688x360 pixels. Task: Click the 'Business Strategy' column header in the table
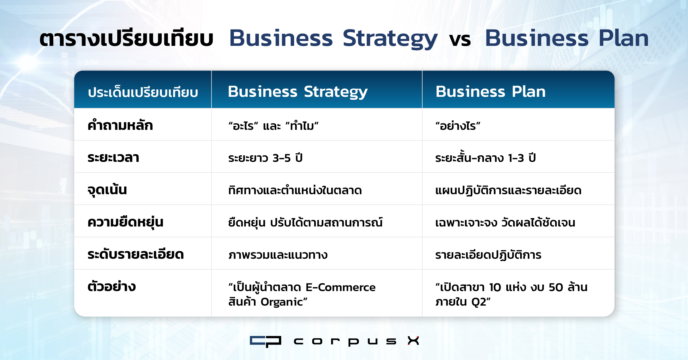298,92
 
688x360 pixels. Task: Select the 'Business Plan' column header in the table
490,92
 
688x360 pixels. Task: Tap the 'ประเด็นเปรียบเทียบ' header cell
143,92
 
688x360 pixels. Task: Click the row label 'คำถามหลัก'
120,125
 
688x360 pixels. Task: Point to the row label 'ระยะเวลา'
113,158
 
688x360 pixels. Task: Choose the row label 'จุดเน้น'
107,189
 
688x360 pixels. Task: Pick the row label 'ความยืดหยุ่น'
125,222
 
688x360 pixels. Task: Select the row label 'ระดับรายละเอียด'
136,254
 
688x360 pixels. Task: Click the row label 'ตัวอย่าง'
112,286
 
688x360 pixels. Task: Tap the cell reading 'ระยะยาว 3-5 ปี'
265,158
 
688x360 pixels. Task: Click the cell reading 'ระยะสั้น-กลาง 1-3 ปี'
485,157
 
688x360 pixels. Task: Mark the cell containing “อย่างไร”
458,126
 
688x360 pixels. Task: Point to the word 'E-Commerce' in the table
341,287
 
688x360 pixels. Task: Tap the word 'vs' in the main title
460,40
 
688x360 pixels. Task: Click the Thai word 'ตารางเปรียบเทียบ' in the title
126,38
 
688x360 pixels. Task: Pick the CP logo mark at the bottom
265,341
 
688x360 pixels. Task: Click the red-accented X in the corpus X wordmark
413,341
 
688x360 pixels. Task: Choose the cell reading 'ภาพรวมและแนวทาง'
278,255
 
